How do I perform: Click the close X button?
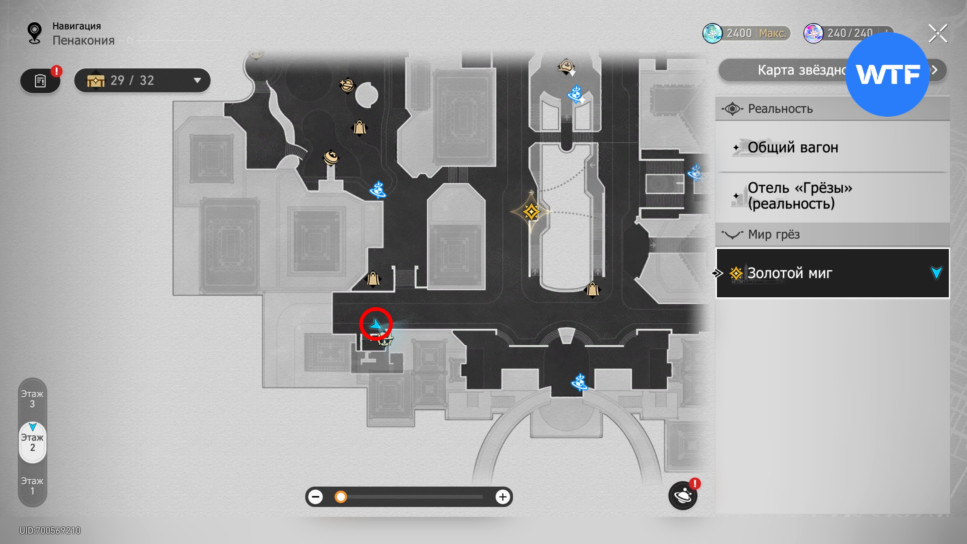coord(938,34)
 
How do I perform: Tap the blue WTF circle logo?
coord(887,74)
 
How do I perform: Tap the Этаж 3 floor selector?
coord(32,399)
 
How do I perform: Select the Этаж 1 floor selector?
coord(32,486)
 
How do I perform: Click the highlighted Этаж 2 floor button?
coord(32,442)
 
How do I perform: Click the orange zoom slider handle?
coord(341,497)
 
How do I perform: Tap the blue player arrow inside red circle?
coord(375,324)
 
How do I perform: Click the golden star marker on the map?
coord(531,212)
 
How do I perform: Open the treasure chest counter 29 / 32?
coord(142,80)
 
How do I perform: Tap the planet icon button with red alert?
coord(683,496)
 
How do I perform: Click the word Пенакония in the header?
coord(83,40)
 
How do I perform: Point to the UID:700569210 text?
coord(50,530)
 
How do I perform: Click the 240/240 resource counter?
coord(849,33)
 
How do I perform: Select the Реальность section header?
coord(780,109)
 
